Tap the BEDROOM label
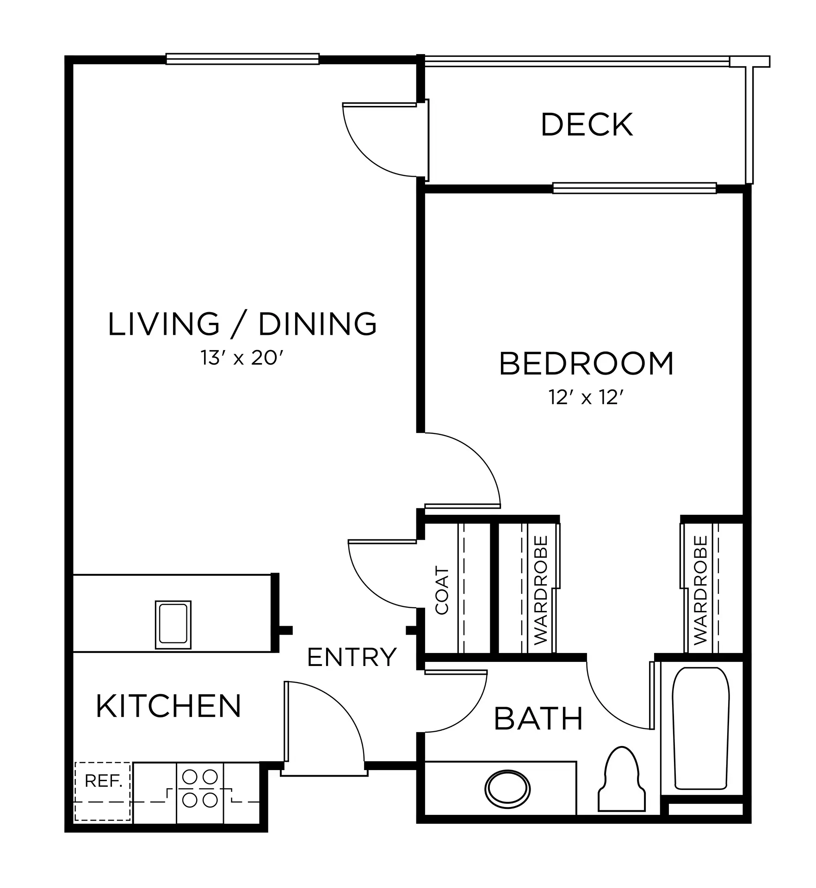click(587, 364)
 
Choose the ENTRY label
click(352, 657)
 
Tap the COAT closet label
click(442, 591)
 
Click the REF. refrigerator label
click(104, 781)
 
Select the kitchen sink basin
click(173, 624)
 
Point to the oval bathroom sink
click(507, 788)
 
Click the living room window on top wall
click(242, 59)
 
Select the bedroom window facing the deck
click(635, 188)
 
